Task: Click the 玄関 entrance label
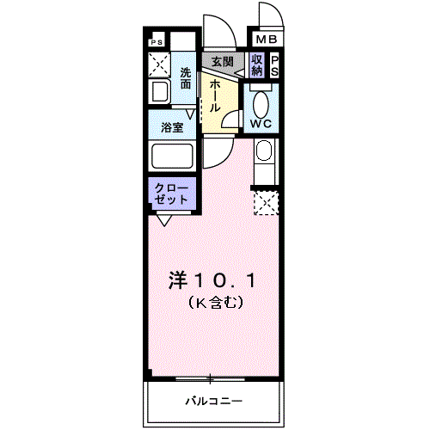pyautogui.click(x=223, y=62)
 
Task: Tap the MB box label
pyautogui.click(x=264, y=40)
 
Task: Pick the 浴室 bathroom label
pyautogui.click(x=172, y=127)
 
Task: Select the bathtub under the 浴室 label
pyautogui.click(x=173, y=157)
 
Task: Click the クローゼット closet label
pyautogui.click(x=172, y=193)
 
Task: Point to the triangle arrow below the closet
pyautogui.click(x=163, y=220)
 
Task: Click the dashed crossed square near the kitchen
pyautogui.click(x=266, y=204)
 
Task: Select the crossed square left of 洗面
pyautogui.click(x=159, y=65)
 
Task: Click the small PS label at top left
pyautogui.click(x=157, y=41)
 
